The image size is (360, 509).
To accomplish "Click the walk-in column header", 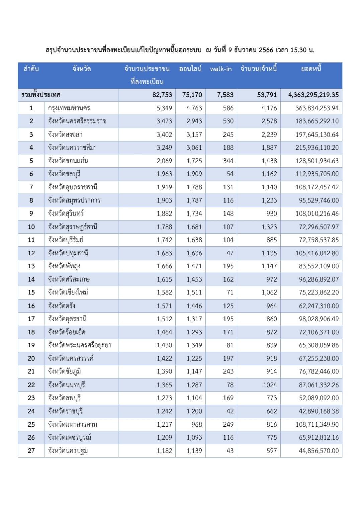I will tap(220, 69).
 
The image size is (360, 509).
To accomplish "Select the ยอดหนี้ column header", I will tap(311, 69).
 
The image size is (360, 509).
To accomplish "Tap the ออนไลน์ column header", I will tap(190, 69).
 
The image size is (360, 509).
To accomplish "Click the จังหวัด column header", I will tap(81, 69).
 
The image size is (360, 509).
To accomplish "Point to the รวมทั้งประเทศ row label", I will tap(41, 95).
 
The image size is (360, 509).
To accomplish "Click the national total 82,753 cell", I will tap(162, 95).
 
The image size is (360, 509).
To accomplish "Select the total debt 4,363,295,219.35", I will tap(313, 95).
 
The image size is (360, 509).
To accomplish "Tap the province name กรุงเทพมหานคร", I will tap(69, 108).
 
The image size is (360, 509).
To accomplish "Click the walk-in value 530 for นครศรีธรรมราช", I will tap(228, 121).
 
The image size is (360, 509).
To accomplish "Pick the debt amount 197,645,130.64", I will tap(317, 135).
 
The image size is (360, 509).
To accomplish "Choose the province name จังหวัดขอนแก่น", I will tap(68, 161).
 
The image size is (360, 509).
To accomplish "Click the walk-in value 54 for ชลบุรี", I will tap(230, 174).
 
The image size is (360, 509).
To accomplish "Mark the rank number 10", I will tap(31, 227).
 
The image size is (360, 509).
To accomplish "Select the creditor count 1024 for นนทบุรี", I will tap(270, 385).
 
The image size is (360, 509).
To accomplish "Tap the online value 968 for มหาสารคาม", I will tap(196, 424).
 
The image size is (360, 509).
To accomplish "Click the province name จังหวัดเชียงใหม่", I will tap(68, 292).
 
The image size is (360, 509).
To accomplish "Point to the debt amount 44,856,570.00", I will tap(319, 451).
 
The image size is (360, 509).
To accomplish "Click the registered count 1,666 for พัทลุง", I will tap(164, 266).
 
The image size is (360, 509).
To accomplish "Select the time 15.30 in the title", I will tap(298, 50).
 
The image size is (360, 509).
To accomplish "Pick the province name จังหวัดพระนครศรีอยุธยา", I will tap(80, 345).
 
